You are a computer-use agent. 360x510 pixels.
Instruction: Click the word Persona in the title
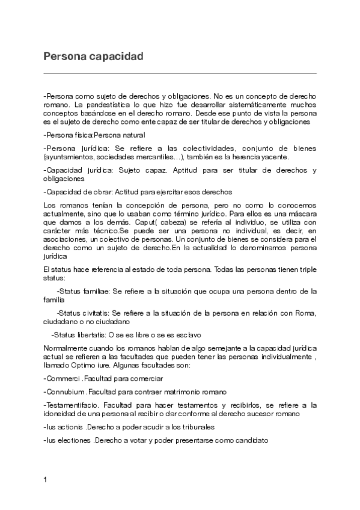click(x=63, y=57)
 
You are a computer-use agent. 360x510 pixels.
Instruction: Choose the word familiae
click(x=94, y=291)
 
